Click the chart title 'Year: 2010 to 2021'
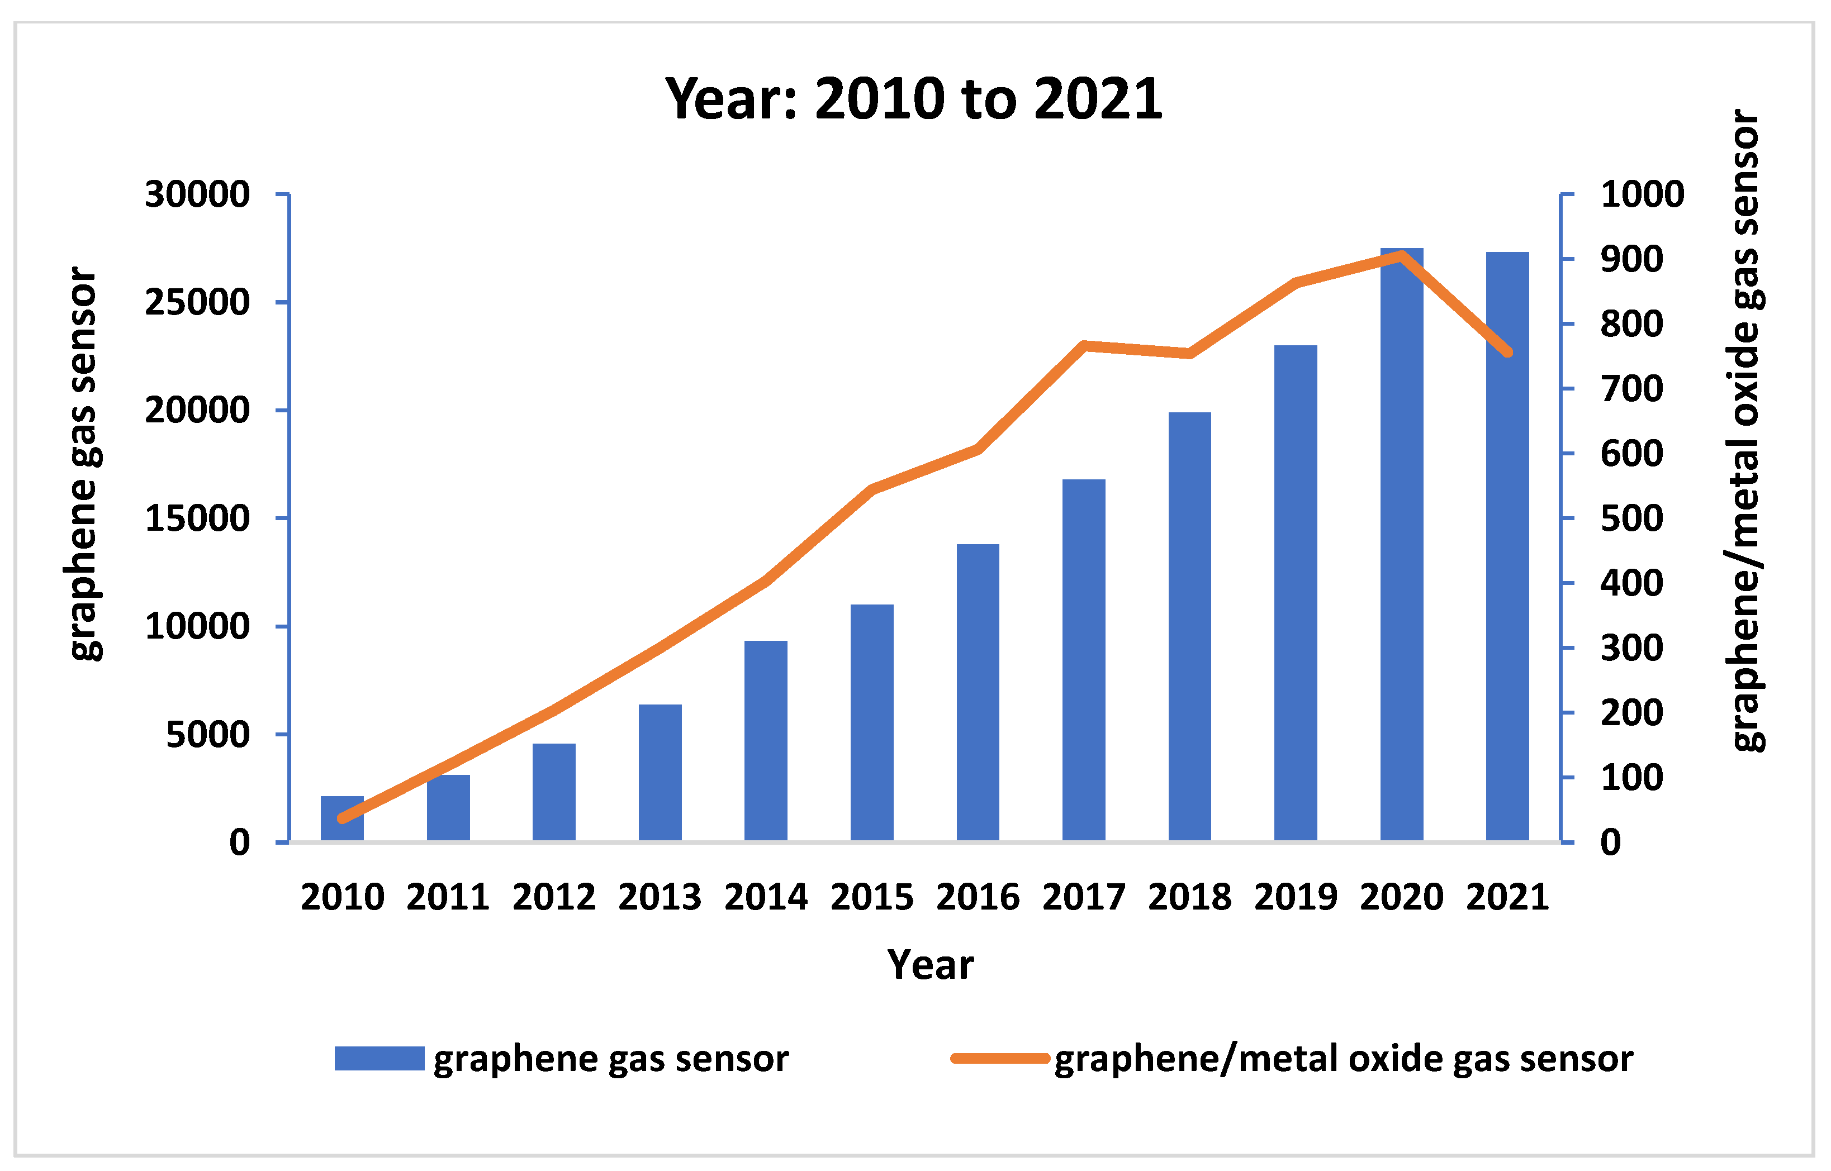(914, 99)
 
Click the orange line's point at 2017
(1084, 346)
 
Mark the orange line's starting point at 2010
(342, 818)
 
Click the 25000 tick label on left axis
(197, 303)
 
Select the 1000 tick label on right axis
(1642, 194)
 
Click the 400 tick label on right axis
(1631, 583)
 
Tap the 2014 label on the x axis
(765, 897)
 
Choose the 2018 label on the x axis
(1189, 897)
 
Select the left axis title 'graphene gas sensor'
(84, 464)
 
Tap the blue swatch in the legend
(379, 1059)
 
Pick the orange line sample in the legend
(999, 1059)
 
